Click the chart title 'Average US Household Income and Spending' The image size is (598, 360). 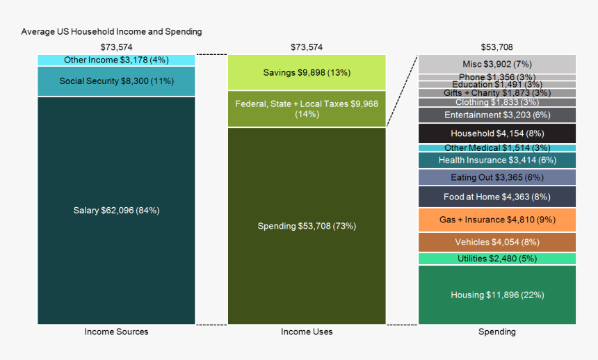[111, 31]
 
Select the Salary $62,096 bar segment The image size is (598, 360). [116, 210]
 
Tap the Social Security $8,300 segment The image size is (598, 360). [116, 81]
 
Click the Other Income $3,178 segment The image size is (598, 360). [116, 60]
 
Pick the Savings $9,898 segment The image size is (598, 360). [307, 72]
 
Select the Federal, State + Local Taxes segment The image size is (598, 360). [307, 109]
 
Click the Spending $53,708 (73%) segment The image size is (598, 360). [307, 226]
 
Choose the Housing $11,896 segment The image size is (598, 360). [496, 295]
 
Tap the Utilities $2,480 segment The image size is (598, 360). [496, 259]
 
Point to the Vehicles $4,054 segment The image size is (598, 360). [496, 242]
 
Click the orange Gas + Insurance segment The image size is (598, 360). [496, 220]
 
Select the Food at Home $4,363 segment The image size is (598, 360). [496, 197]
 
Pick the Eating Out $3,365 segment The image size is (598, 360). [496, 177]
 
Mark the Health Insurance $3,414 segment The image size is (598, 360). [496, 160]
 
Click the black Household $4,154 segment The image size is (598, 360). [496, 133]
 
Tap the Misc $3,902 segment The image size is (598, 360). [496, 64]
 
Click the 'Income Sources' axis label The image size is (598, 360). [116, 332]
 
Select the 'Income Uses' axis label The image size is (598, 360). [307, 332]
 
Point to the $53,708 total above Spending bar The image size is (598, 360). [496, 47]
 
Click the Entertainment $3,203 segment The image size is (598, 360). [496, 115]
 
